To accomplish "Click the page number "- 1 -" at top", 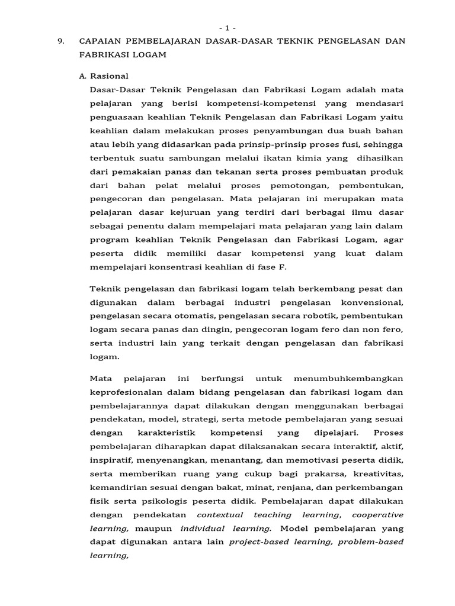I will (x=227, y=28).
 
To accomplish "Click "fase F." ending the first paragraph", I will (x=273, y=266).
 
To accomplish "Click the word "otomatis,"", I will (x=200, y=316).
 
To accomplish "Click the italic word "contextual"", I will (x=220, y=514).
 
